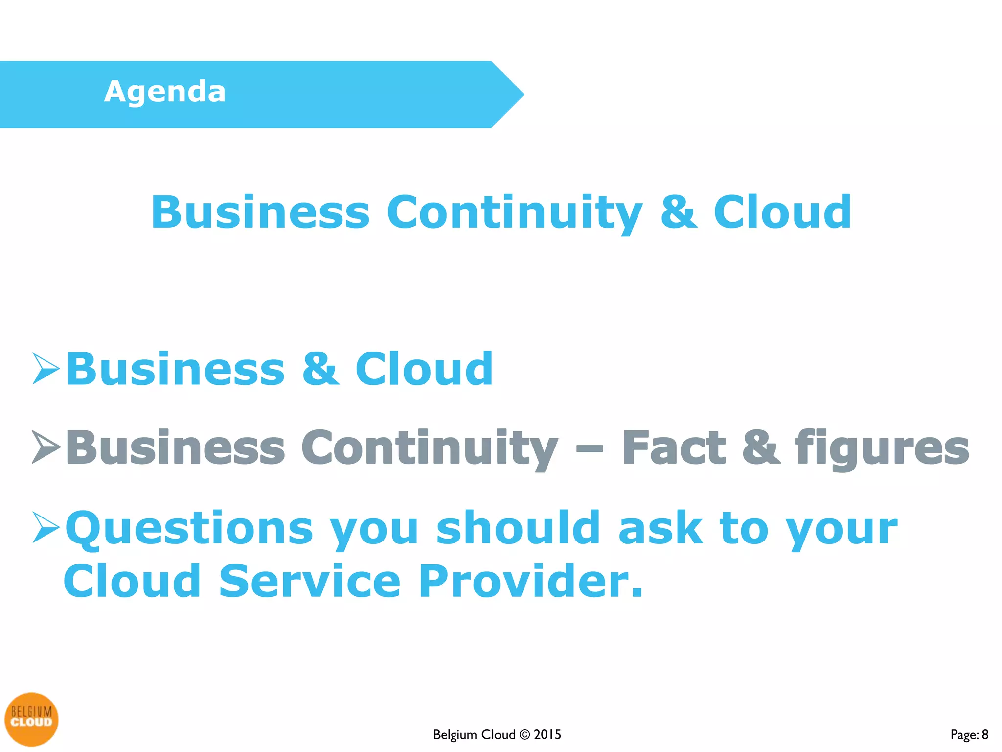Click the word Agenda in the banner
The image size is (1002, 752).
coord(165,92)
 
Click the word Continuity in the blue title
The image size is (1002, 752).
coord(514,212)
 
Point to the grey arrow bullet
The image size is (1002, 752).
coord(46,446)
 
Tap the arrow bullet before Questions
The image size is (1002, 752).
coord(46,527)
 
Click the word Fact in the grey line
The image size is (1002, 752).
coord(674,447)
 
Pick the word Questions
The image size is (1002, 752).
coord(189,529)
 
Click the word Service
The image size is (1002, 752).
coord(310,581)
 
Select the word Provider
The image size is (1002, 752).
coord(530,581)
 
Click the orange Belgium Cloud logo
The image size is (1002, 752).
coord(31,719)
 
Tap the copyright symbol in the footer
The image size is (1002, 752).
coord(524,734)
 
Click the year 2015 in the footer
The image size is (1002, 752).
coord(547,734)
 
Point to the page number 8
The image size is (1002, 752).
coord(985,734)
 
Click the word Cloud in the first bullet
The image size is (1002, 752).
coord(424,369)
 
